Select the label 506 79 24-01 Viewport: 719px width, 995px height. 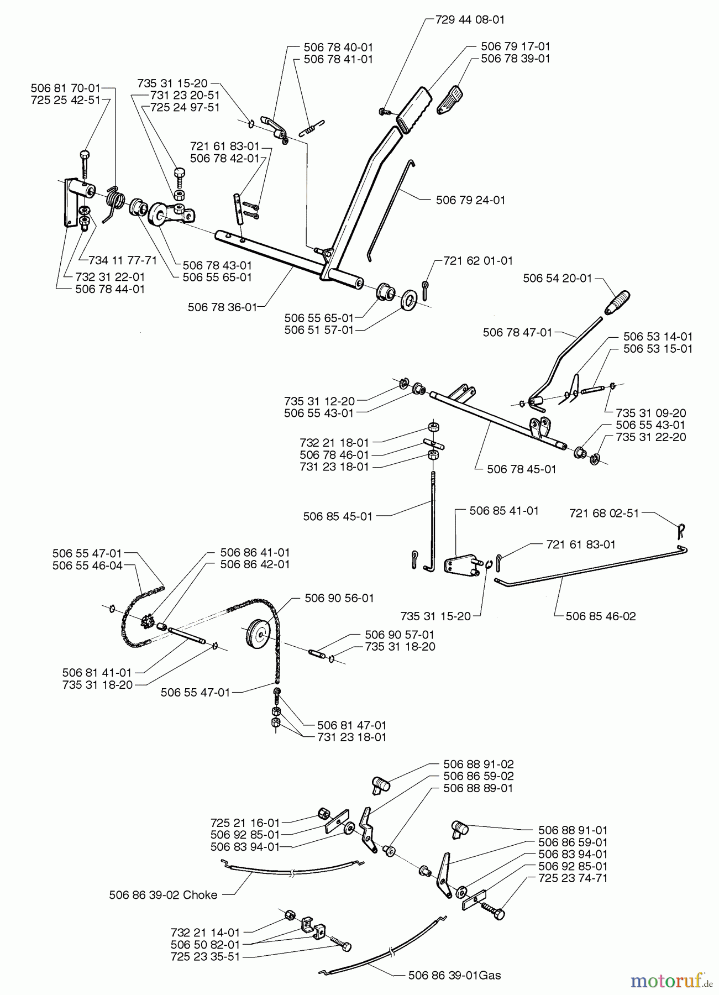click(470, 200)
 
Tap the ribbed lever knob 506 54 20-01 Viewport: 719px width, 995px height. click(617, 302)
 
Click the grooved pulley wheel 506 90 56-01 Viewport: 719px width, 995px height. click(257, 633)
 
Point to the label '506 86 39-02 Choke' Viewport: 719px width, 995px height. click(163, 895)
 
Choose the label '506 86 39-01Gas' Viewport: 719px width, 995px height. click(454, 976)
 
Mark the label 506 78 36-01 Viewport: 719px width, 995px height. click(222, 307)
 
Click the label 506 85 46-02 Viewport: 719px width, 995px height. click(601, 616)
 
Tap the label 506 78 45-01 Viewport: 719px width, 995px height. click(521, 469)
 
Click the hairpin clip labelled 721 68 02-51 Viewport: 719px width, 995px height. click(681, 531)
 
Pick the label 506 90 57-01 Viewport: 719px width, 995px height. click(400, 635)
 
